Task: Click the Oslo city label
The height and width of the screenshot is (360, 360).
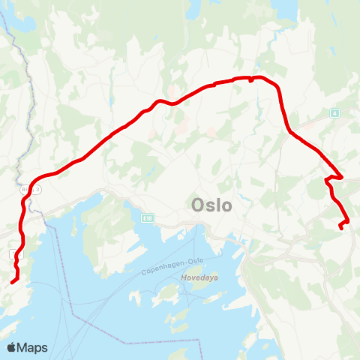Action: click(x=212, y=205)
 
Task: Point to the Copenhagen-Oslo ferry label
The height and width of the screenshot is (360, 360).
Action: click(x=173, y=268)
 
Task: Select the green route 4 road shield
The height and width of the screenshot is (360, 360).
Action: click(x=334, y=112)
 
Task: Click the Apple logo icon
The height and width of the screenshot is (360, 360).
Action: click(x=11, y=347)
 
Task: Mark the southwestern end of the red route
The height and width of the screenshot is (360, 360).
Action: click(x=12, y=283)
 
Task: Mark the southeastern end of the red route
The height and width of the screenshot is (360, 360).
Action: click(x=340, y=227)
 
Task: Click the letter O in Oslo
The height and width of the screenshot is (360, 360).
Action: click(x=198, y=205)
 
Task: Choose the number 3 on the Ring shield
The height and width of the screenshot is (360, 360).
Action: click(x=38, y=190)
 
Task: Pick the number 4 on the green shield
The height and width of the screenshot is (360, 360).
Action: click(x=334, y=112)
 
